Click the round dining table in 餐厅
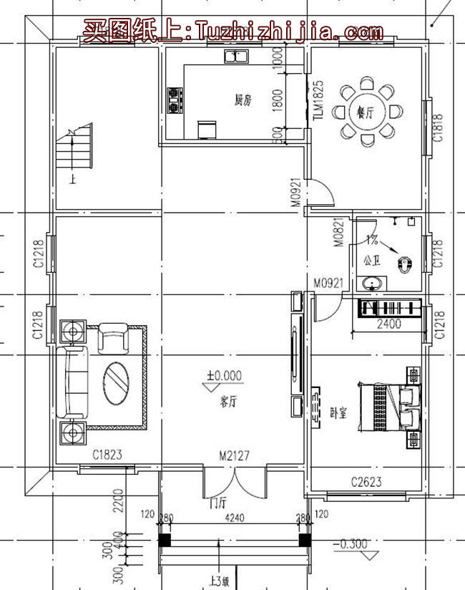(367, 113)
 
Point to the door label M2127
(235, 455)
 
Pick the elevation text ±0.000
(225, 375)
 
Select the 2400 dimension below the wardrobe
(389, 324)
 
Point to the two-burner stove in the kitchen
(174, 100)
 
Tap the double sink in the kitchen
(235, 56)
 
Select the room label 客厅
(229, 402)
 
